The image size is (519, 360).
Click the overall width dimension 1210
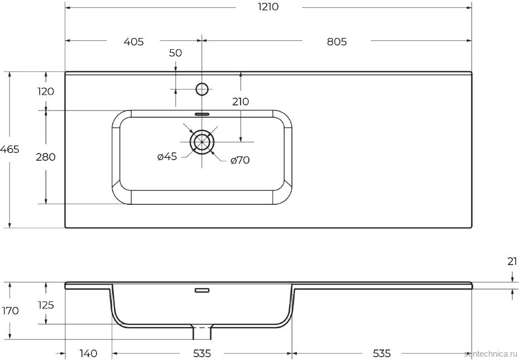tap(268, 7)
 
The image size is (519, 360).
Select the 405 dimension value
tap(133, 42)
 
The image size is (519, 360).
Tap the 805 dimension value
tap(337, 42)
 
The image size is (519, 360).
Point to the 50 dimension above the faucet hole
tap(175, 53)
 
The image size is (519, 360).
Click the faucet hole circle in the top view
tap(201, 88)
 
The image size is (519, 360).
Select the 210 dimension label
tap(241, 102)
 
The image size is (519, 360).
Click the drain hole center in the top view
tap(201, 142)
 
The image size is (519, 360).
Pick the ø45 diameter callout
tap(167, 157)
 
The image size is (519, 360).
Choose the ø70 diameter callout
tap(240, 161)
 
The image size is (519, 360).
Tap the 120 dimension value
tap(46, 92)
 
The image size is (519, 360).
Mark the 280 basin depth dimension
tap(46, 157)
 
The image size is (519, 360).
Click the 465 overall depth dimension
tap(10, 150)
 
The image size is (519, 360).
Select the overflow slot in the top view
tap(201, 114)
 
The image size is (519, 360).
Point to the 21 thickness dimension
tap(512, 261)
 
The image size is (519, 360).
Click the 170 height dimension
tap(10, 311)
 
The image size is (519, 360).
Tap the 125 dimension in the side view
tap(46, 305)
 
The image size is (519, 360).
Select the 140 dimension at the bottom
tap(88, 353)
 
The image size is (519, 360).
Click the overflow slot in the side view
tap(201, 290)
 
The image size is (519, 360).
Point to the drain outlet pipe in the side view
tap(201, 333)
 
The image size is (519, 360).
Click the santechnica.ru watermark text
tap(491, 354)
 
